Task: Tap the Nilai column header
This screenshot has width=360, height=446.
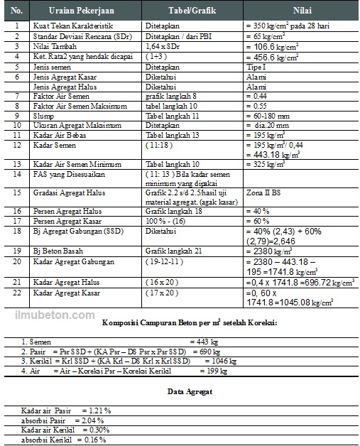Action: pyautogui.click(x=300, y=11)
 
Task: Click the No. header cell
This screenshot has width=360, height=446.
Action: pyautogui.click(x=17, y=11)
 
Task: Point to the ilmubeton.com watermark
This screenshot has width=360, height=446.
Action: pyautogui.click(x=63, y=313)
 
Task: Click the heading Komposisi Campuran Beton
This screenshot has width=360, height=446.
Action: pyautogui.click(x=190, y=323)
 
